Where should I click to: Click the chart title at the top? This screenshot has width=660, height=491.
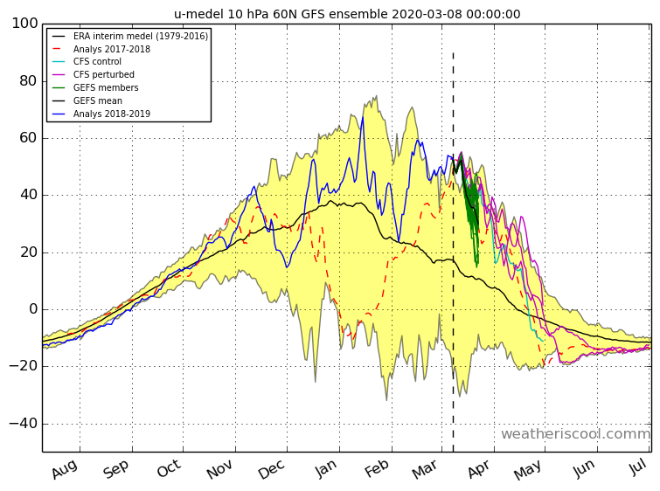point(347,14)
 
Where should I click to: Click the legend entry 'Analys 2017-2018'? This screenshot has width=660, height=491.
point(112,49)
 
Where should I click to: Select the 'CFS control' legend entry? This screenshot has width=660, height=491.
point(97,62)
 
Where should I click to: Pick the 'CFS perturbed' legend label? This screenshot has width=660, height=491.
point(103,75)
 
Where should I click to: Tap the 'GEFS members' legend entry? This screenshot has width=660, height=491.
point(106,87)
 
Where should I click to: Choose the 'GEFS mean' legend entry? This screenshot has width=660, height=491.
point(98,101)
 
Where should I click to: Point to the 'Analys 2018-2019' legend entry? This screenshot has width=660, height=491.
point(112,114)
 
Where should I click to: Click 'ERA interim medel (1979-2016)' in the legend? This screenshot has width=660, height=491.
point(141,36)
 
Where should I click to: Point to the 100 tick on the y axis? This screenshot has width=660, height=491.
point(24,23)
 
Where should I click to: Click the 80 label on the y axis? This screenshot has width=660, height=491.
point(29,80)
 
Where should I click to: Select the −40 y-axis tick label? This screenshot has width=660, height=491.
point(24,423)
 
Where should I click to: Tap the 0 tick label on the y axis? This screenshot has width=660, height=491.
point(34,309)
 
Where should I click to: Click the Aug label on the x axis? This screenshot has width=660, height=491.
point(65,469)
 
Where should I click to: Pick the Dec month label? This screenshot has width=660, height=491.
point(272,469)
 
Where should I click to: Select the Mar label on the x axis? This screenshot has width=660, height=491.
point(424,469)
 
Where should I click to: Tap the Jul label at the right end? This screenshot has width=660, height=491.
point(638,467)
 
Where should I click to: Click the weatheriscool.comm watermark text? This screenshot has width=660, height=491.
point(575,434)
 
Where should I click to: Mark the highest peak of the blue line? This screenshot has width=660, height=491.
point(363,117)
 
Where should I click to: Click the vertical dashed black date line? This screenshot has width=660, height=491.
point(454,252)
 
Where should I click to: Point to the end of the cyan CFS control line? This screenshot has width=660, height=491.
point(544,341)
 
